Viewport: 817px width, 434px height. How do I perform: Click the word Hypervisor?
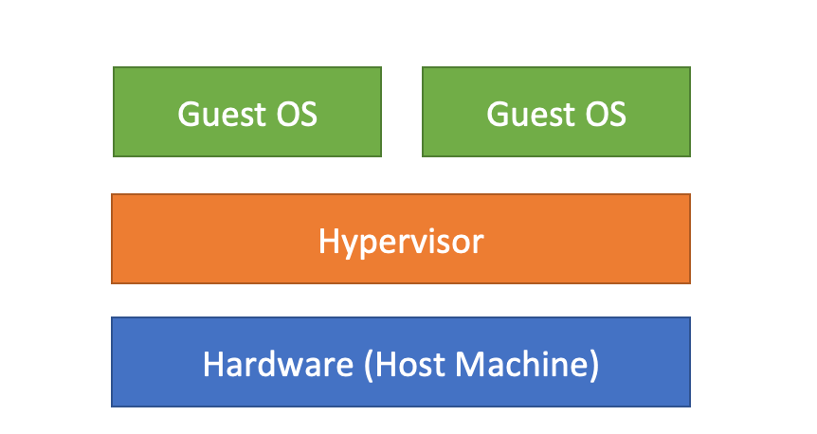tap(401, 241)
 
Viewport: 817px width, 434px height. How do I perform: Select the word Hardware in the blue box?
tap(264, 364)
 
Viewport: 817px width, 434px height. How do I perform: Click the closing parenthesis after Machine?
tap(593, 365)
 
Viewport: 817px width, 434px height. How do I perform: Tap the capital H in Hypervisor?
tap(328, 240)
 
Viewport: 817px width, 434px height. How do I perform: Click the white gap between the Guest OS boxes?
tap(402, 112)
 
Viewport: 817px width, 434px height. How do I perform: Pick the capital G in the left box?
tap(189, 114)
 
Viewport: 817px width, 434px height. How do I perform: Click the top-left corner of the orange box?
tap(112, 194)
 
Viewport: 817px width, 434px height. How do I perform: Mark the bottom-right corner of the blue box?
tap(690, 407)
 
